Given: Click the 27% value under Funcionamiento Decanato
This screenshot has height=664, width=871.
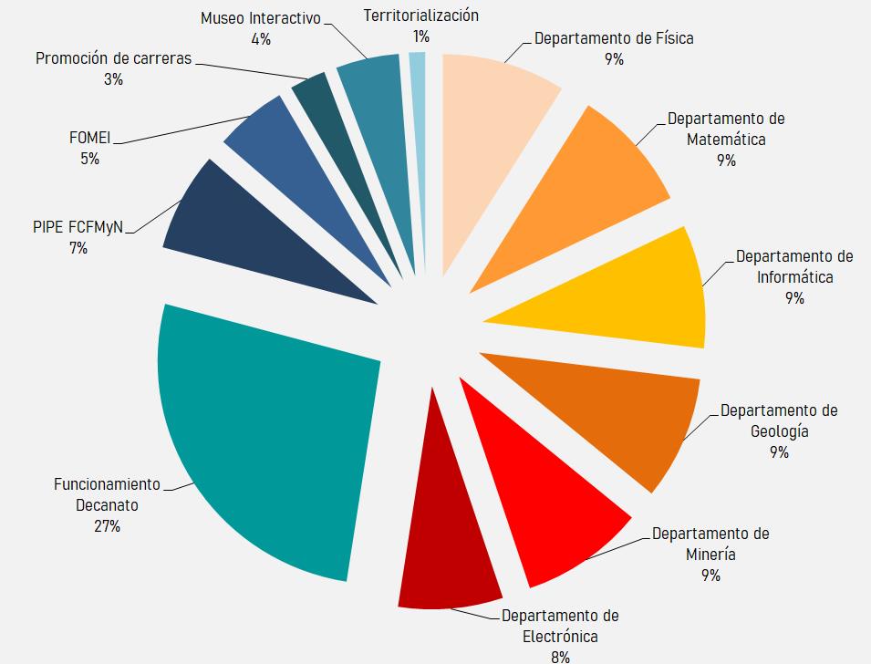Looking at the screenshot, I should [x=107, y=526].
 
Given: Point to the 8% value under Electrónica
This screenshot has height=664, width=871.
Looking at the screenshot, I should [x=560, y=656].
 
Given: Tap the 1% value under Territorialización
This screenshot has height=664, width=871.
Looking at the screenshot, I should [x=420, y=36].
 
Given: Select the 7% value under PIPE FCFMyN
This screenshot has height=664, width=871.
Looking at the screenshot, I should [x=78, y=247].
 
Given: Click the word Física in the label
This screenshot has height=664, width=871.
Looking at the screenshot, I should [x=673, y=38].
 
